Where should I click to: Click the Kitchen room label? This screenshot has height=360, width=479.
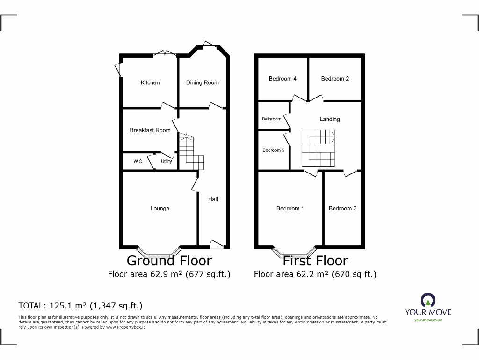click(150, 82)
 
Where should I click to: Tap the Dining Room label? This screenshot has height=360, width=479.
click(202, 82)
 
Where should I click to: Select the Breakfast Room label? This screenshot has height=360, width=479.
click(150, 130)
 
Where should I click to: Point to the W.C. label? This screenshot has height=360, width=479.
click(138, 161)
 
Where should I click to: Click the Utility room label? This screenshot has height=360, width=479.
click(167, 161)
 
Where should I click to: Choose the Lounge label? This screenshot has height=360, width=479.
click(160, 208)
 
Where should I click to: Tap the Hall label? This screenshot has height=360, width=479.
click(213, 199)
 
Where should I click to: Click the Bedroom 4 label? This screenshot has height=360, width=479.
click(283, 79)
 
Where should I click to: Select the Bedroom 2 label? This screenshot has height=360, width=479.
click(335, 79)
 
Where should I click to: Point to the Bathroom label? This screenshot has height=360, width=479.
click(272, 119)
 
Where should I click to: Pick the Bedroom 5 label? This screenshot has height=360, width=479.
click(273, 150)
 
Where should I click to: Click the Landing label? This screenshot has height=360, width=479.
click(330, 119)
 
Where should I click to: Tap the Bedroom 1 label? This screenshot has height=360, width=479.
click(290, 208)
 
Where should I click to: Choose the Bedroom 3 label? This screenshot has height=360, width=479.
click(342, 208)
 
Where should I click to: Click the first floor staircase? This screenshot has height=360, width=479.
click(319, 148)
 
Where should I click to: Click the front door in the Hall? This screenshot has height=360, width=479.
click(216, 244)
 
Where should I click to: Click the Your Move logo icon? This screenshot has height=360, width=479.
click(428, 300)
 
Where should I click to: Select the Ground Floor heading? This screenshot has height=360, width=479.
click(169, 261)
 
